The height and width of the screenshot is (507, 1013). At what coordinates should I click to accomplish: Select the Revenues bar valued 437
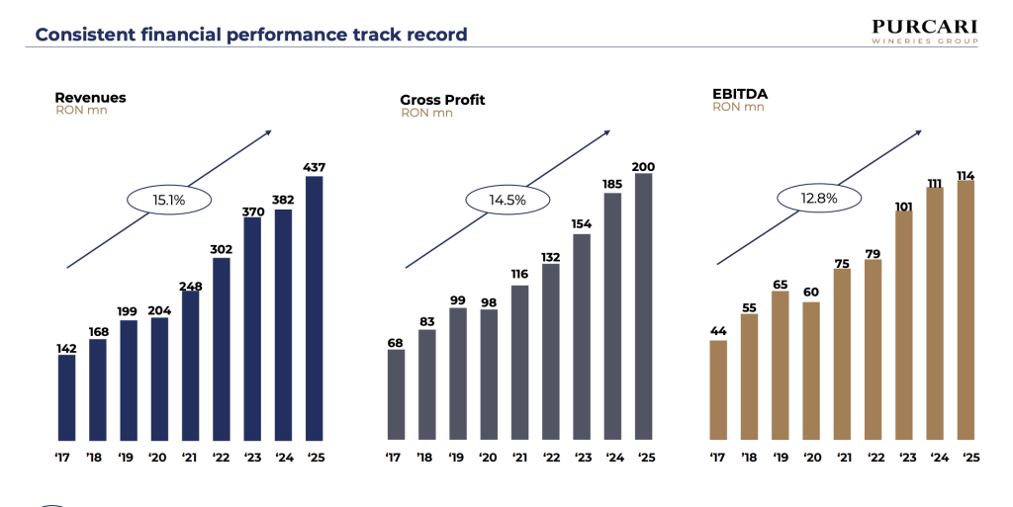point(315,307)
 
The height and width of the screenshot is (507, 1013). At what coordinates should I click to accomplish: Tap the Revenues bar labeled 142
point(66,396)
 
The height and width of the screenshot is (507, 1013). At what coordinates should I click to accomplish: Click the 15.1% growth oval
point(169,200)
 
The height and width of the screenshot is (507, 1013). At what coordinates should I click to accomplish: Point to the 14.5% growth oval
point(506,200)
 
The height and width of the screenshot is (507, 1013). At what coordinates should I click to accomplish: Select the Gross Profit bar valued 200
point(643,305)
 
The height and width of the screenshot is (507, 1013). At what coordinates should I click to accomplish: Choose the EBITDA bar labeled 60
point(811,370)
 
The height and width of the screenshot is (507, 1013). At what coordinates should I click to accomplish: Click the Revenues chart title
point(90,98)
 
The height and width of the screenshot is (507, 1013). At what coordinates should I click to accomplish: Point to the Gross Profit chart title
point(442,100)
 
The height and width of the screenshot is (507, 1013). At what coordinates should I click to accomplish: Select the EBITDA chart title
point(740,94)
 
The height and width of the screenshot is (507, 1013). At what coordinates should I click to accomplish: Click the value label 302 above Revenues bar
point(222,248)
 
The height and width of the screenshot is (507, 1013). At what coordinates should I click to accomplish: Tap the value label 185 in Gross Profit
point(612,183)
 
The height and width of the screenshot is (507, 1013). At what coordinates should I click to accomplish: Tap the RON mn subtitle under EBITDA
point(738,107)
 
